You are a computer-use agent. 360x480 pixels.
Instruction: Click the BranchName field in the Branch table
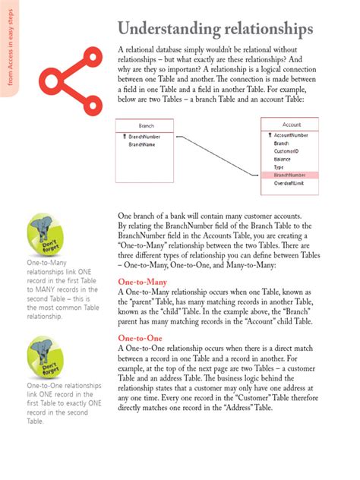(x=143, y=144)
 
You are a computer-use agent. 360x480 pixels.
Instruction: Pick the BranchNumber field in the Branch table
(x=147, y=136)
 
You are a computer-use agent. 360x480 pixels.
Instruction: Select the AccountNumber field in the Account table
(x=291, y=134)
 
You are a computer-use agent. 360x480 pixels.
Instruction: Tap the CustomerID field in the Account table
(x=286, y=150)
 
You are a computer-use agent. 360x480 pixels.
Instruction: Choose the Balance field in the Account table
(x=283, y=159)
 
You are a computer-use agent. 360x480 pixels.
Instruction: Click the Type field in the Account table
(x=279, y=166)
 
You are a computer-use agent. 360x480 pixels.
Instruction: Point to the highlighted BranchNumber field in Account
(x=290, y=175)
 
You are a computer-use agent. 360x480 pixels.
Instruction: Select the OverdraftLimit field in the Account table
(x=291, y=183)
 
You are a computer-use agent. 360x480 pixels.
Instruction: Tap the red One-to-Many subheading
(x=143, y=282)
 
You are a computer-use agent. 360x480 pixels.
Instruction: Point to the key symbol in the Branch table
(x=124, y=136)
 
